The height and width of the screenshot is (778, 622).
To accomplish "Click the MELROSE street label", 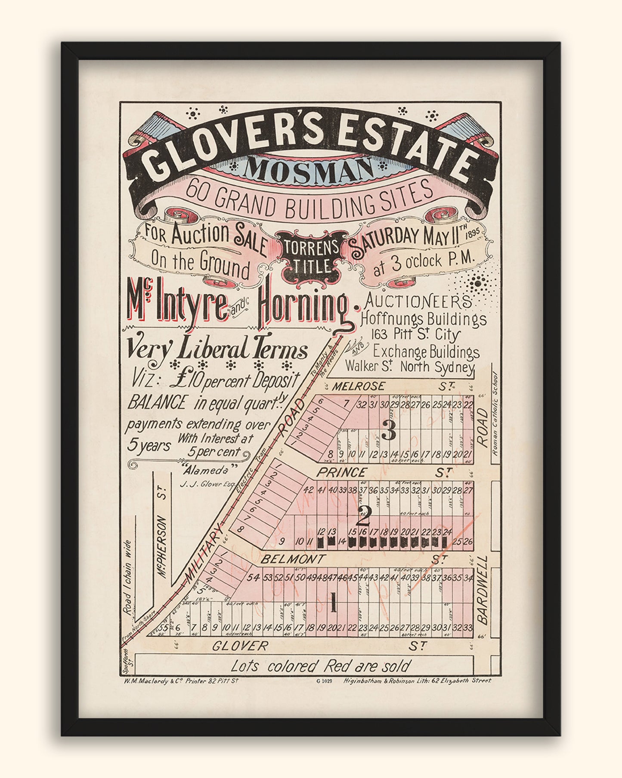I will [358, 386].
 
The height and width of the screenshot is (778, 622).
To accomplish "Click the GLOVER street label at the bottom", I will [240, 646].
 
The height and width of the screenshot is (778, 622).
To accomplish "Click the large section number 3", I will [389, 432].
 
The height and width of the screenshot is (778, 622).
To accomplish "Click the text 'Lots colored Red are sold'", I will [320, 666].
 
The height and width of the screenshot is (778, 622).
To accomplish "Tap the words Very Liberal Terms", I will [216, 350].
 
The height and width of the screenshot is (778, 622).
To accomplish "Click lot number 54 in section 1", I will [255, 578].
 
